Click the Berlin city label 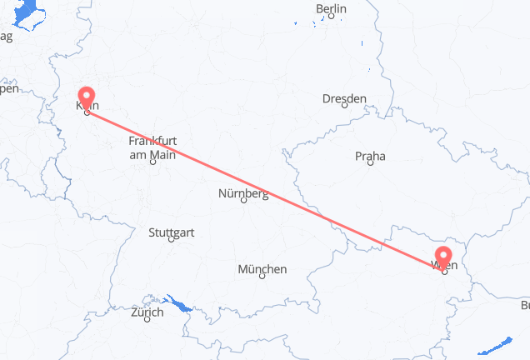tap(331, 9)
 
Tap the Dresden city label tap(344, 99)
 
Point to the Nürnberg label tap(243, 195)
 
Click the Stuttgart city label tap(171, 232)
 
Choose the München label tap(262, 269)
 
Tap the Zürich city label tap(147, 312)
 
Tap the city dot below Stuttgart tap(172, 240)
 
